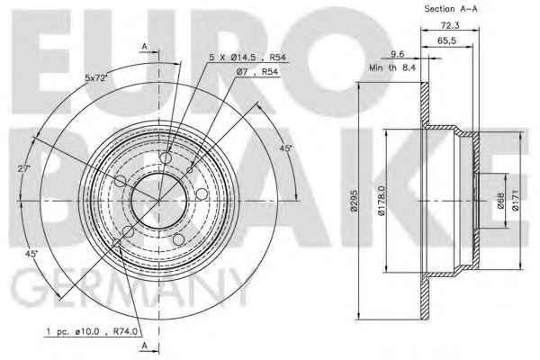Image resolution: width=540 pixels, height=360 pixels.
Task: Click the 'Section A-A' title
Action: [451, 9]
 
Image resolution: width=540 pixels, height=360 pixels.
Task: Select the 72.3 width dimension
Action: [450, 25]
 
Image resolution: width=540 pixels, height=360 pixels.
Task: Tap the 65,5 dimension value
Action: [446, 40]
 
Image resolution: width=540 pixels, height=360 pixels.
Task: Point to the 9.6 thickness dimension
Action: [397, 54]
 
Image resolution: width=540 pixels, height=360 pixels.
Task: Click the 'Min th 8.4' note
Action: [392, 67]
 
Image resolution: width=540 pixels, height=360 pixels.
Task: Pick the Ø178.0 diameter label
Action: [382, 200]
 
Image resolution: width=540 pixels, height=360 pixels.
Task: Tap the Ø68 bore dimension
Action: [500, 201]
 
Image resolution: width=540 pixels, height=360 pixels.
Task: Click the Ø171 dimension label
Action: [515, 200]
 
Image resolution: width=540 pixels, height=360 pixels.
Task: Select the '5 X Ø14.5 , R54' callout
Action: [247, 58]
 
